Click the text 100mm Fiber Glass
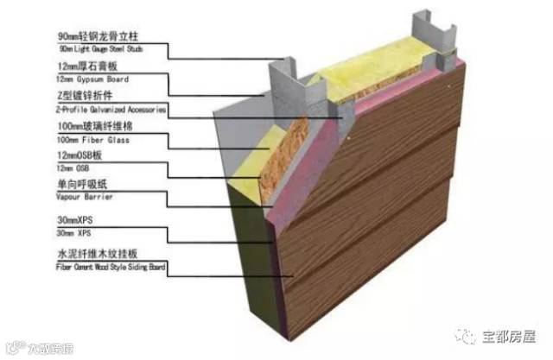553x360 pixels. [84, 139]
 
